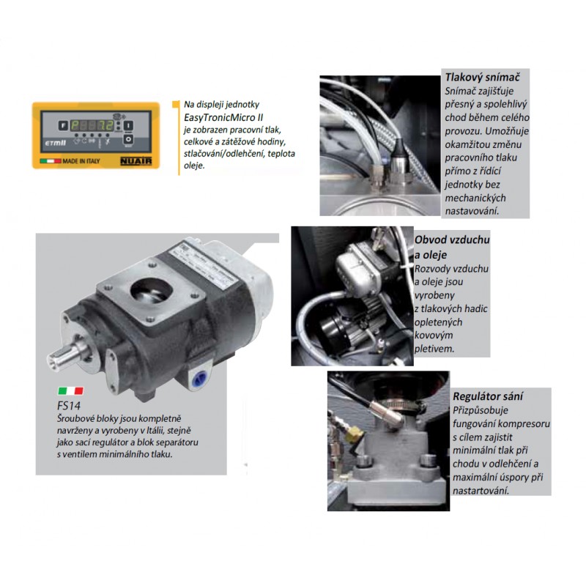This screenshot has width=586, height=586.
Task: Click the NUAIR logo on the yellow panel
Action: point(136,161)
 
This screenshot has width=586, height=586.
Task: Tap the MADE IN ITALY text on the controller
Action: point(81,161)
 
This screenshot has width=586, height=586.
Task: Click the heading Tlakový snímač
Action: point(482,78)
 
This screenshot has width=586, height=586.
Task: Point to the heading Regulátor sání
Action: point(488,396)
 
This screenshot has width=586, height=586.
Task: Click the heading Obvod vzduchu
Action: point(452,240)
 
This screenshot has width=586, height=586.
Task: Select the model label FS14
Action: point(69,406)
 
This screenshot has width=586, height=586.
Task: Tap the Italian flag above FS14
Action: point(70,391)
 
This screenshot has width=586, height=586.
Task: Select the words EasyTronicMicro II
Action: point(223,117)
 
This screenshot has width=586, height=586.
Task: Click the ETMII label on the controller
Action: point(56,143)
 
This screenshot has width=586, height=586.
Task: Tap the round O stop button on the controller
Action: point(128,139)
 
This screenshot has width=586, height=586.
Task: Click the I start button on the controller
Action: point(128,125)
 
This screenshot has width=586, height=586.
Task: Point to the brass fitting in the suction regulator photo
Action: point(354,435)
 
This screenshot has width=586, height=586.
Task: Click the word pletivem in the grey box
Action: point(434,349)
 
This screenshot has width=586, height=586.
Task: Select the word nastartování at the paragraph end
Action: point(481,490)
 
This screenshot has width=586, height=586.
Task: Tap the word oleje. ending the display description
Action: point(194,166)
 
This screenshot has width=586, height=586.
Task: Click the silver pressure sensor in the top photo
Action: point(398,159)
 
